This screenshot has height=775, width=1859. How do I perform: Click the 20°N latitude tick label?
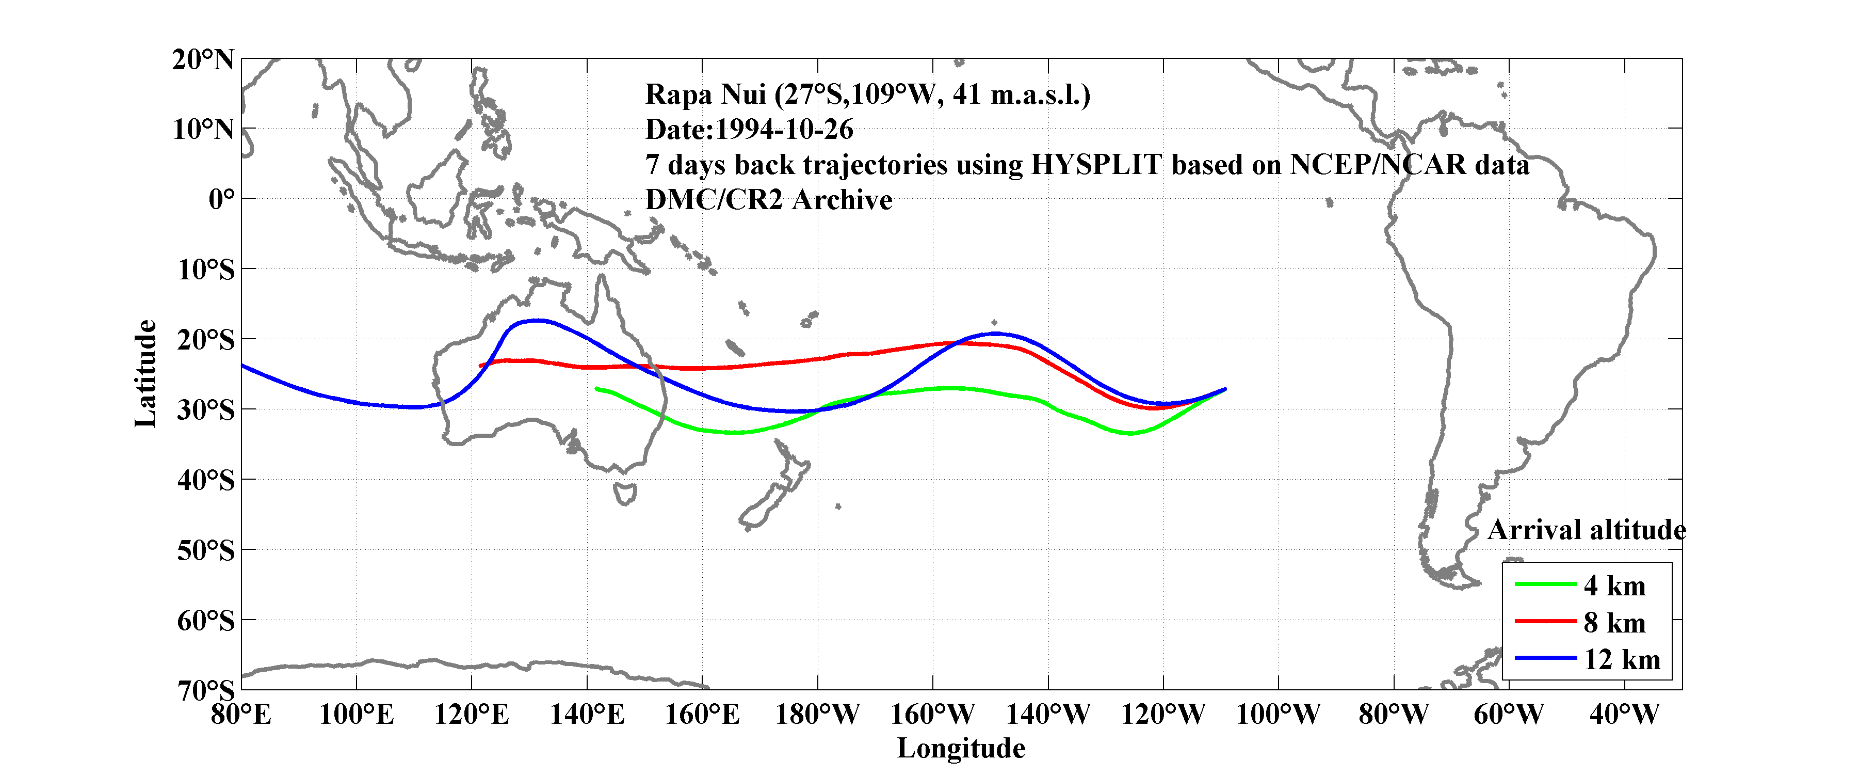pyautogui.click(x=203, y=60)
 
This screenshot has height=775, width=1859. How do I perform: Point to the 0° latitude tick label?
pyautogui.click(x=221, y=199)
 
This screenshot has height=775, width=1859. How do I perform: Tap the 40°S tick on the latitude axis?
pyautogui.click(x=206, y=480)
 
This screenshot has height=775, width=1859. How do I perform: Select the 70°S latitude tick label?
pyautogui.click(x=206, y=690)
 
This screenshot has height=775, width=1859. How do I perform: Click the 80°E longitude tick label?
pyautogui.click(x=241, y=715)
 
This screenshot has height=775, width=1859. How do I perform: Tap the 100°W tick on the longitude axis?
pyautogui.click(x=1278, y=715)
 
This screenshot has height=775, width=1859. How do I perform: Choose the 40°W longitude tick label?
pyautogui.click(x=1624, y=715)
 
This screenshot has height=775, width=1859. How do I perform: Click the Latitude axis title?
pyautogui.click(x=146, y=373)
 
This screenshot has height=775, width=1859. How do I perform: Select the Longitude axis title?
pyautogui.click(x=961, y=748)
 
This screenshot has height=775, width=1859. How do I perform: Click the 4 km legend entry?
pyautogui.click(x=1614, y=586)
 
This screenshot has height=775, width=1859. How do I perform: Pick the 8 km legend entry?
pyautogui.click(x=1614, y=623)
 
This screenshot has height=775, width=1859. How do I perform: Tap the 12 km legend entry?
pyautogui.click(x=1622, y=659)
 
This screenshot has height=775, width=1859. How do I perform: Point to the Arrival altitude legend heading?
pyautogui.click(x=1586, y=530)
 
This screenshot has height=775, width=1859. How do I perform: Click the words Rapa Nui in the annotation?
pyautogui.click(x=705, y=94)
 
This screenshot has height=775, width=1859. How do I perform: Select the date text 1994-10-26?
pyautogui.click(x=784, y=130)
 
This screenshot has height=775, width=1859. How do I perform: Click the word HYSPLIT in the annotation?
pyautogui.click(x=1095, y=165)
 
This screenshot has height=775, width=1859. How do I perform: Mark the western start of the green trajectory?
pyautogui.click(x=597, y=389)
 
